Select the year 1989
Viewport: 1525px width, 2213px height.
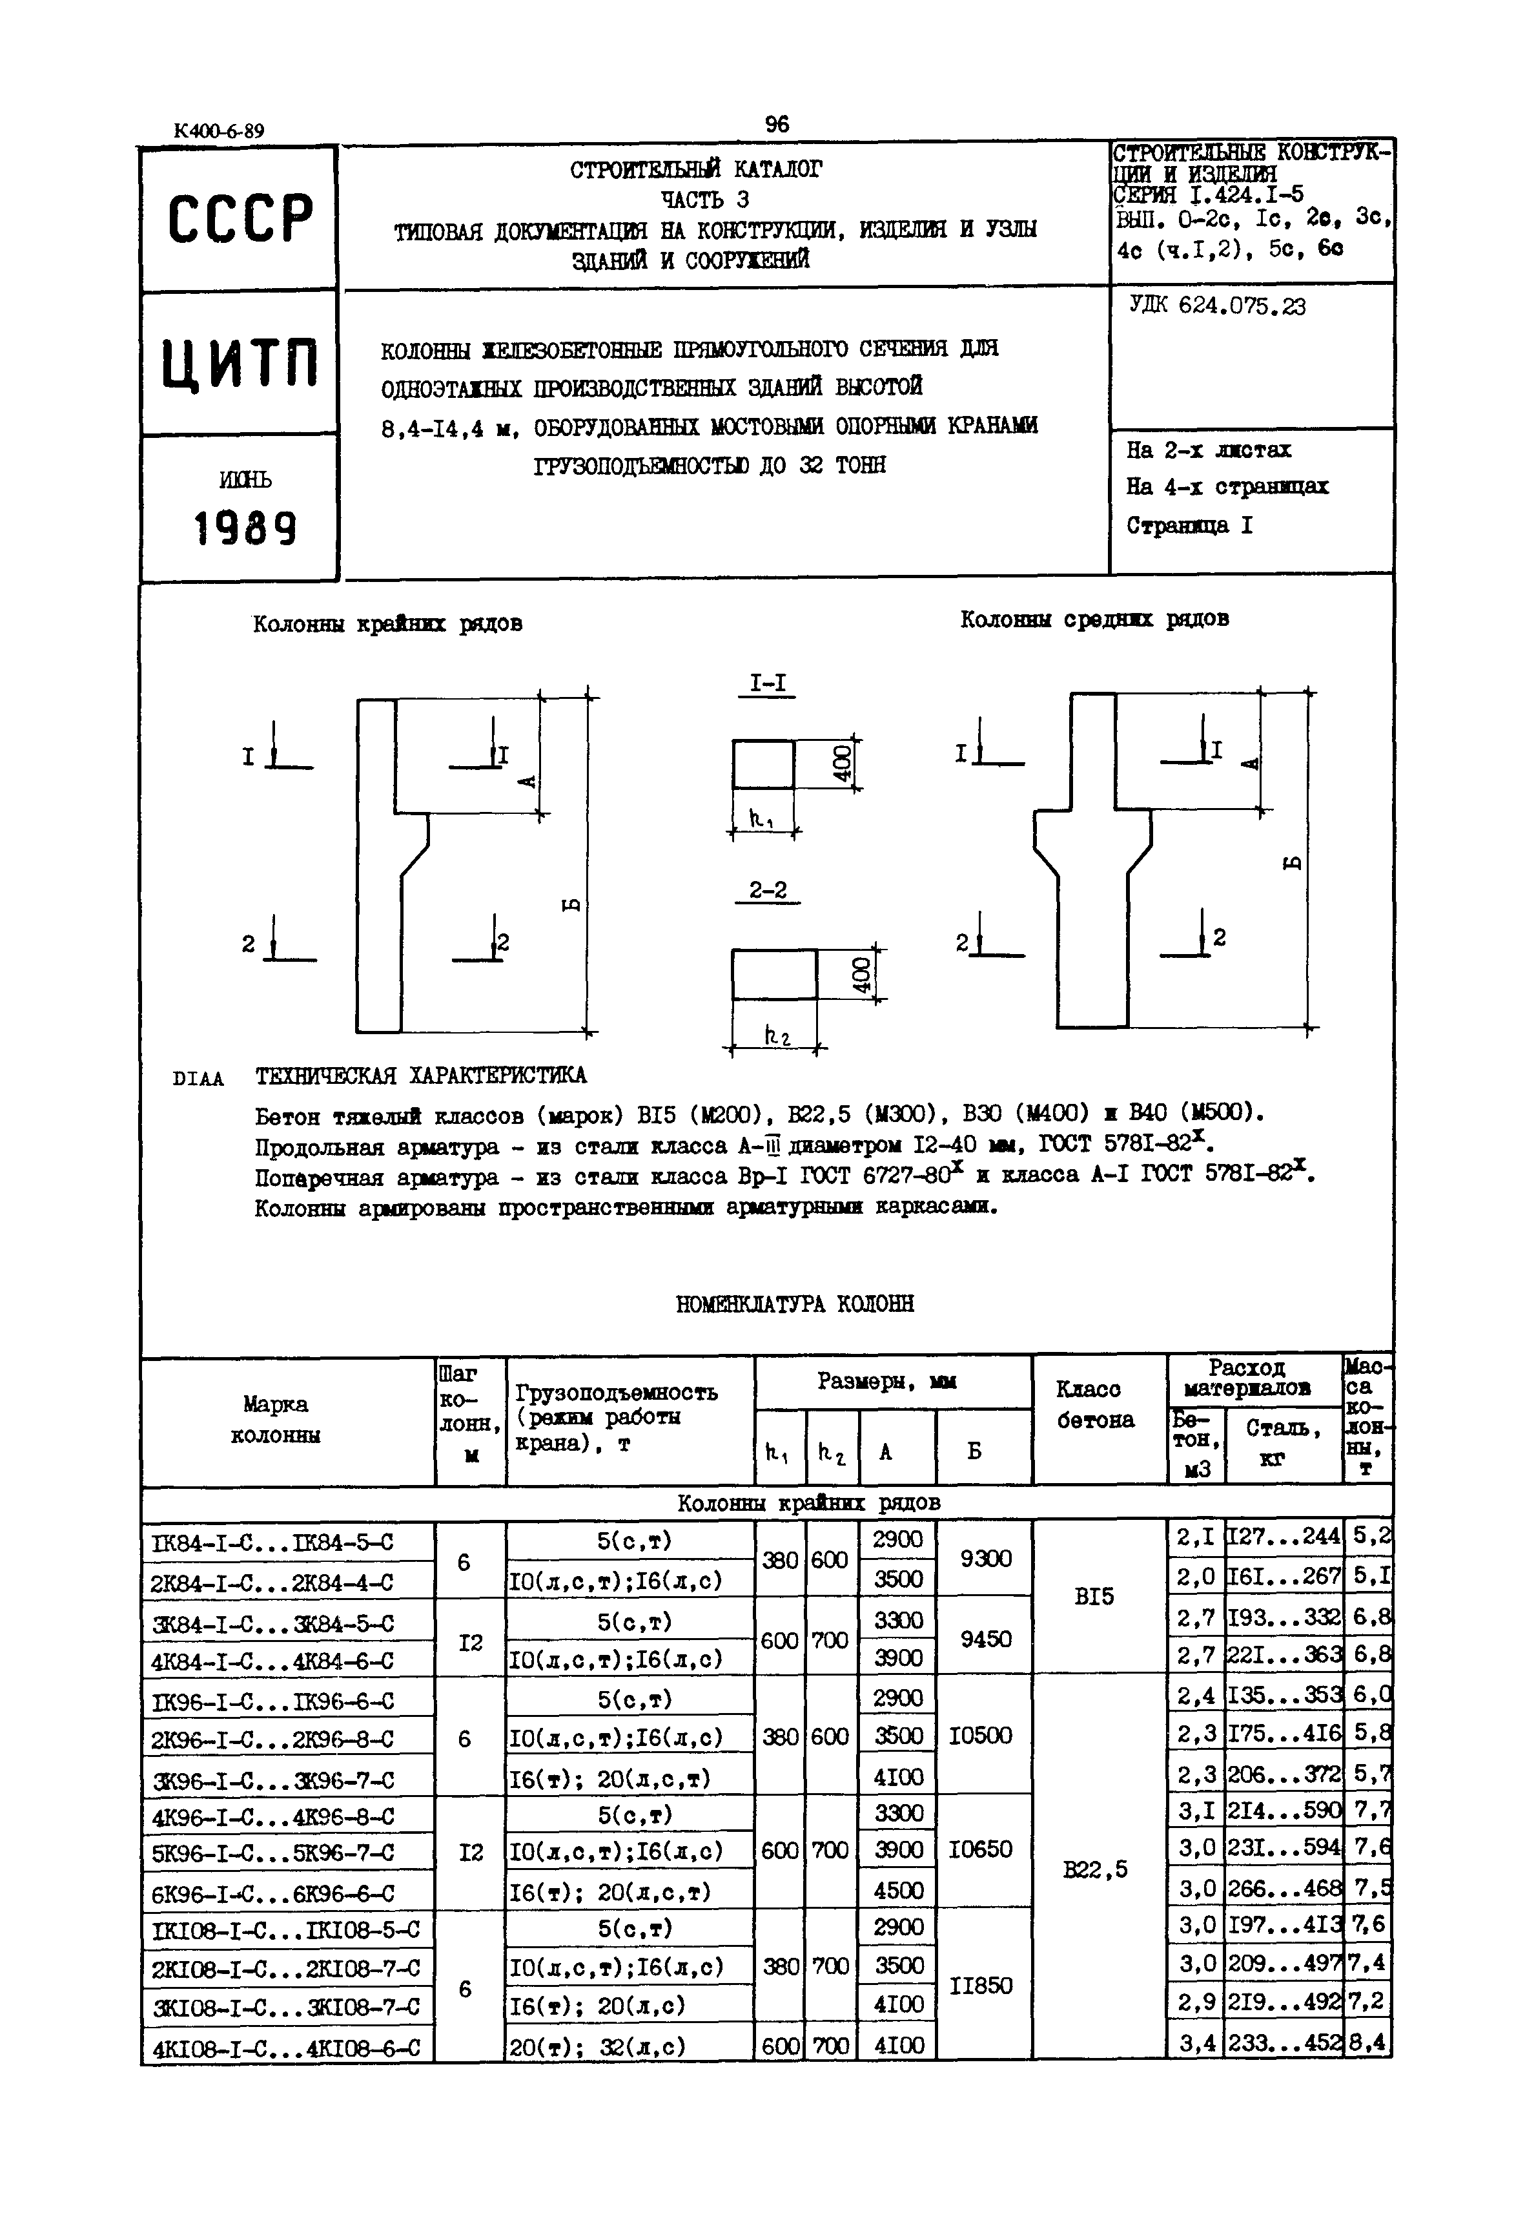point(245,528)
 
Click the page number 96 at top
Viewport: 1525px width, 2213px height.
point(777,124)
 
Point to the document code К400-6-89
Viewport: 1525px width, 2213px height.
point(219,131)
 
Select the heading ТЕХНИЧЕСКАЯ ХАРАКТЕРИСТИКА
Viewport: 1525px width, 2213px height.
point(420,1075)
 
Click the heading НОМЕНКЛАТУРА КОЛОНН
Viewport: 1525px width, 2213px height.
point(794,1304)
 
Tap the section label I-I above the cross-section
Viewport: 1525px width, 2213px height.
point(767,683)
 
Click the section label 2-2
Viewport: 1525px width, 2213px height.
point(767,890)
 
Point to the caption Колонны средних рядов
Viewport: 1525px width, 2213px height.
point(1094,619)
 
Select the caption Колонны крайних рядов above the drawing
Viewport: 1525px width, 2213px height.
point(387,624)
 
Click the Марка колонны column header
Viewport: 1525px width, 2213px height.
point(275,1420)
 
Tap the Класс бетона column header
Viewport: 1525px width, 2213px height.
point(1095,1404)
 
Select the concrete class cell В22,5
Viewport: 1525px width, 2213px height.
point(1095,1869)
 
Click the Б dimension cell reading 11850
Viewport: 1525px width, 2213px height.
point(982,1986)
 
